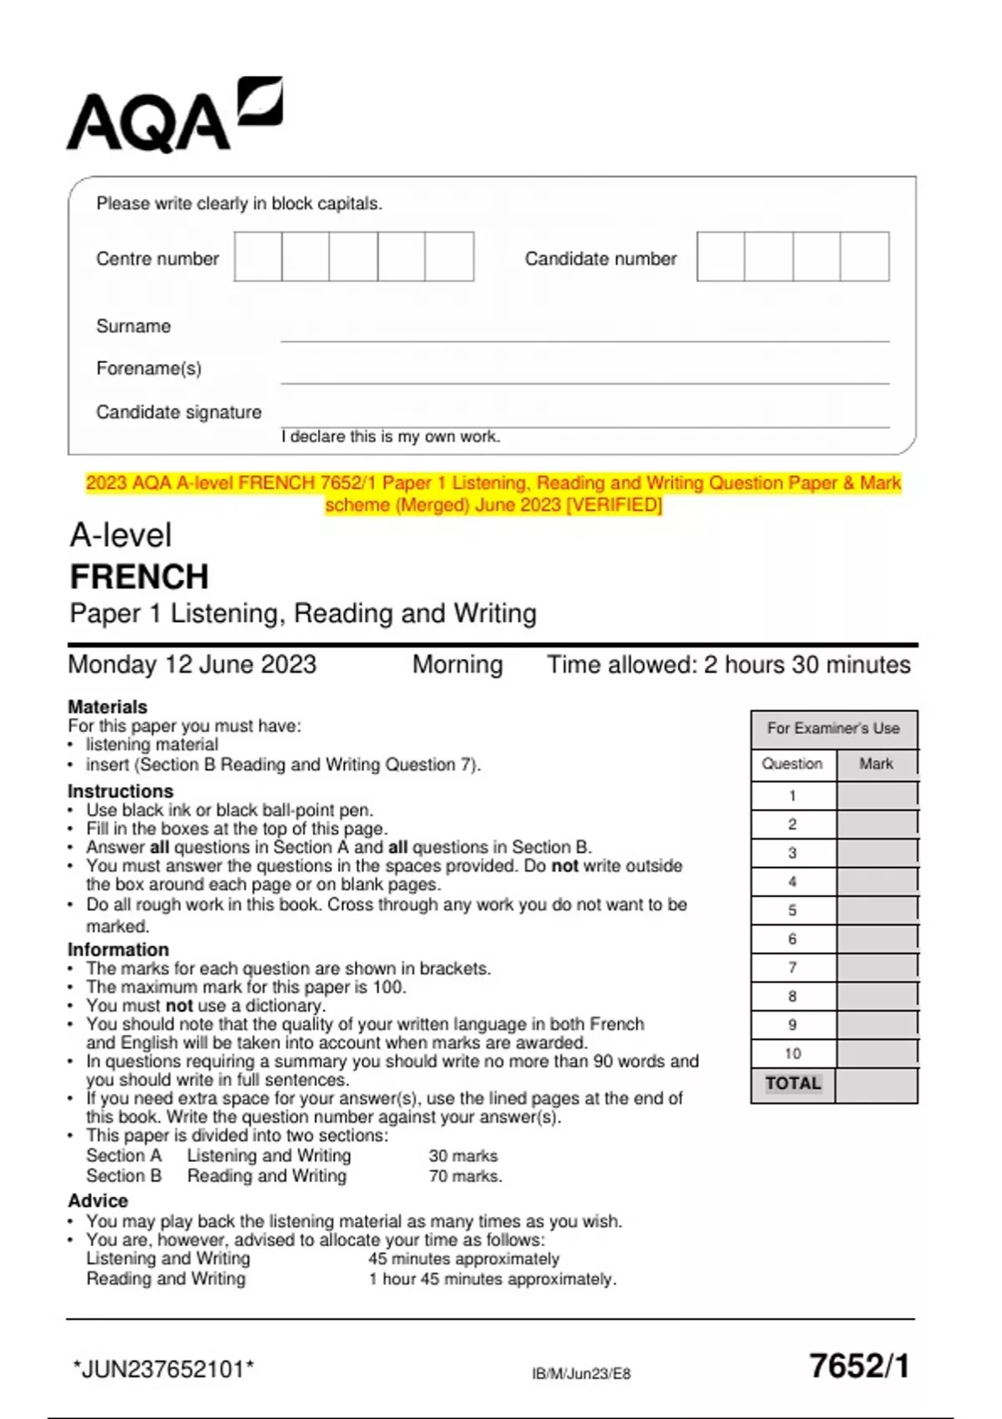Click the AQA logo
point(174,117)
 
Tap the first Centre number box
point(258,257)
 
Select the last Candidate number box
point(864,257)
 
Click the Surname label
point(134,326)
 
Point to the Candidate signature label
point(179,412)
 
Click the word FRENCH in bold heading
point(139,577)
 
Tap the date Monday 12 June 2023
point(192,665)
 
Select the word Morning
point(458,665)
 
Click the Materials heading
point(108,707)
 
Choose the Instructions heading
point(120,791)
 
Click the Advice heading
point(98,1201)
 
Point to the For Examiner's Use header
point(833,729)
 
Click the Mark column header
point(876,764)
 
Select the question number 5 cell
point(792,911)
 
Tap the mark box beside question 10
point(876,1053)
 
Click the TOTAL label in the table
point(793,1083)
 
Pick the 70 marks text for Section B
point(465,1176)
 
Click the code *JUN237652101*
point(164,1370)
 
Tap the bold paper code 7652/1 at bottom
point(859,1366)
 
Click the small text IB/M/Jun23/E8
point(581,1374)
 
